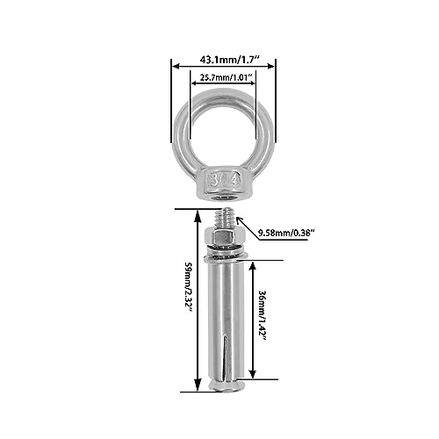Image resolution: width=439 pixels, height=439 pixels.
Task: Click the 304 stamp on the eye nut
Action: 225,182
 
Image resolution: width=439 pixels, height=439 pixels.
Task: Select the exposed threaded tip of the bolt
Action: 225,217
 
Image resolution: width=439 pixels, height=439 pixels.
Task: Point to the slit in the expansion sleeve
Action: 225,356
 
